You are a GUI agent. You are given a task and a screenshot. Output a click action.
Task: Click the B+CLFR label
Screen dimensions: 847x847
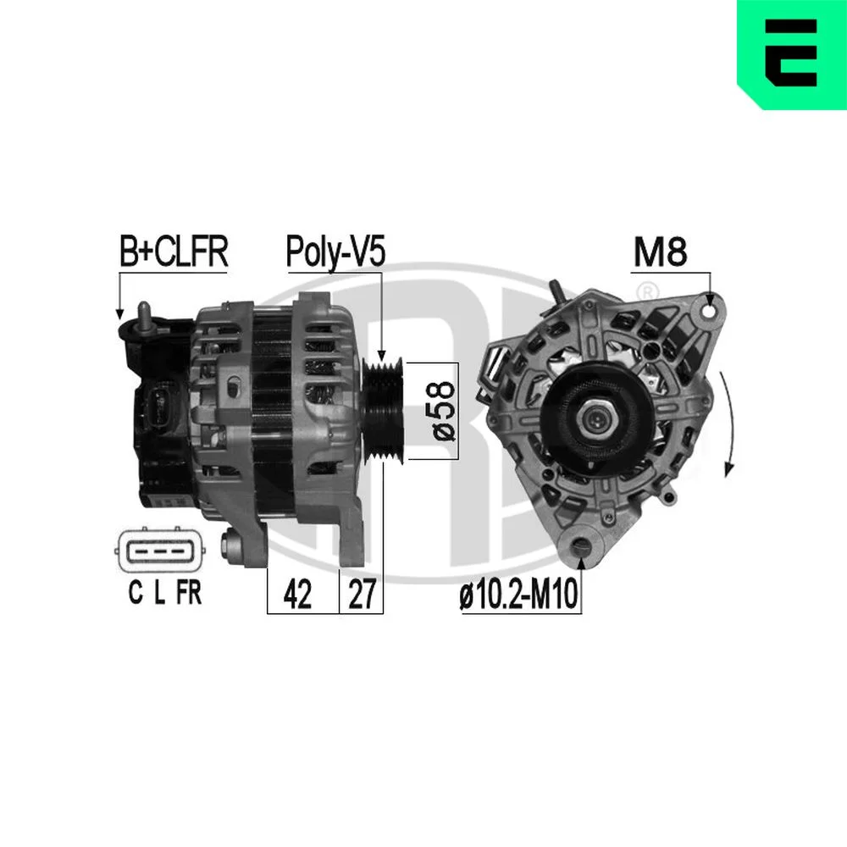point(174,252)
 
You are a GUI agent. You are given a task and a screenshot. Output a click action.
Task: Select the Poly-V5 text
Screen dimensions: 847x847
point(335,252)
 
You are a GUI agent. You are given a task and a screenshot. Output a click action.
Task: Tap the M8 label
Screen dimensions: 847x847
point(660,252)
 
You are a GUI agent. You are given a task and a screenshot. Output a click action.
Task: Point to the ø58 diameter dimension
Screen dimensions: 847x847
point(444,411)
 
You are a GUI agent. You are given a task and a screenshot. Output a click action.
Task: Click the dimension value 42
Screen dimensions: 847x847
point(297,594)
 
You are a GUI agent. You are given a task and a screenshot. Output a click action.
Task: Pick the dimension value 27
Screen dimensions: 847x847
point(362,594)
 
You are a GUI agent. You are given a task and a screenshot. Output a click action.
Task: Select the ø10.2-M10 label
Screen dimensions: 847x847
point(518,595)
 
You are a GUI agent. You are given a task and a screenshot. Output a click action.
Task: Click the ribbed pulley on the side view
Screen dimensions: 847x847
point(383,411)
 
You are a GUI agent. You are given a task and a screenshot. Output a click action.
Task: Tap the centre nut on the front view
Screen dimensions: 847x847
point(597,418)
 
